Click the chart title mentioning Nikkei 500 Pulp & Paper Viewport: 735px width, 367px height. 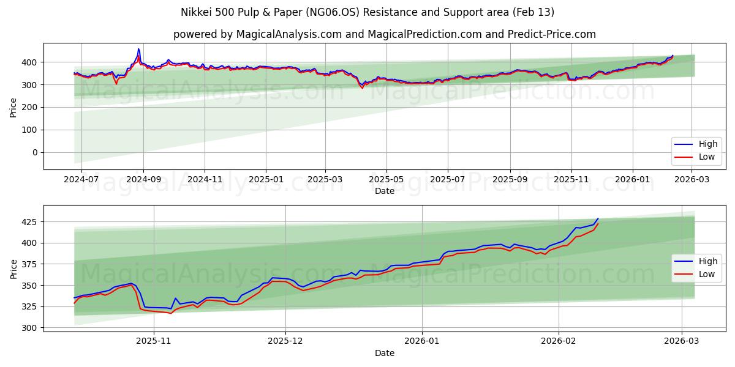click(x=367, y=12)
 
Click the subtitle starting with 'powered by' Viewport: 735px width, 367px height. click(x=385, y=34)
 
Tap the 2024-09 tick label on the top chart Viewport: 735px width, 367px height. click(x=143, y=180)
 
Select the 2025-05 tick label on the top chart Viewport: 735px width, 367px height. click(x=386, y=180)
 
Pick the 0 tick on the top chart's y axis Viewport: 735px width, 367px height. click(x=35, y=152)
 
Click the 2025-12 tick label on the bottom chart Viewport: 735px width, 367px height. click(x=286, y=342)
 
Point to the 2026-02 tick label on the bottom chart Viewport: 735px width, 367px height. click(x=559, y=342)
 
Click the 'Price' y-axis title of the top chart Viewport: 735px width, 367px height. click(x=13, y=106)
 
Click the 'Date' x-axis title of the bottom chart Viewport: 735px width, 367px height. click(x=385, y=353)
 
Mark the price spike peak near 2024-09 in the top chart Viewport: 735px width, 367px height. click(x=138, y=49)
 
